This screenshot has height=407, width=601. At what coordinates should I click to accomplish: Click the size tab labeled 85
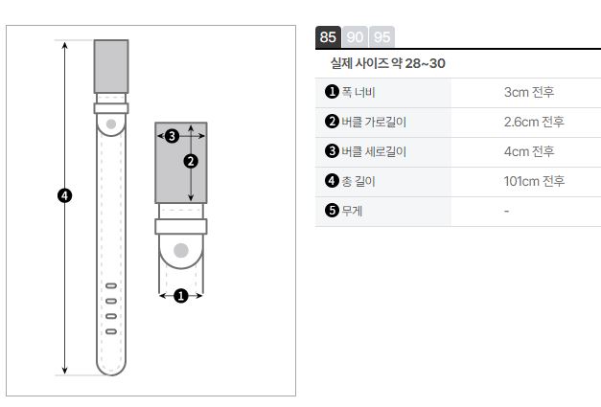pos(328,37)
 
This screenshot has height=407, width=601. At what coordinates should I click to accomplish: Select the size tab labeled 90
pos(355,37)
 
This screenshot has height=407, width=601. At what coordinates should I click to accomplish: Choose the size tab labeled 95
pos(381,37)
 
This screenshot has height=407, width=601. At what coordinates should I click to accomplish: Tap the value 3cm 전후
pos(529,92)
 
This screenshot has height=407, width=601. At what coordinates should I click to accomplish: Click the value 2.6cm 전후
pos(534,122)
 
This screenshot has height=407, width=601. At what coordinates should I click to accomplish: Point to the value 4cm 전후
pos(529,151)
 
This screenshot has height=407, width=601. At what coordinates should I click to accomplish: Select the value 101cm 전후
pos(534,181)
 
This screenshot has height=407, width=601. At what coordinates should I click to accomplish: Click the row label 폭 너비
pos(358,92)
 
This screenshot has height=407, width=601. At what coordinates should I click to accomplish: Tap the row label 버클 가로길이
pos(374,122)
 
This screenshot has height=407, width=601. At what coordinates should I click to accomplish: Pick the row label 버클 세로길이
pos(374,151)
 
